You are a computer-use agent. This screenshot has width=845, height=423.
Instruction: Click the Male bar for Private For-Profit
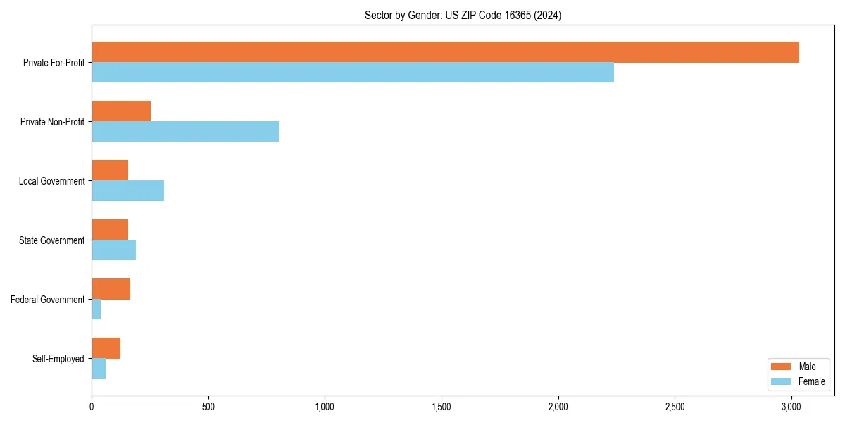pos(445,52)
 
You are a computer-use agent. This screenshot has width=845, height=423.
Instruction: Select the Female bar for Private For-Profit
pos(353,73)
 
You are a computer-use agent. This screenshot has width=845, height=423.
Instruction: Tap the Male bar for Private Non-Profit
pos(121,111)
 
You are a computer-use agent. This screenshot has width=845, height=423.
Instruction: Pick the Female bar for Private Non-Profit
pos(185,132)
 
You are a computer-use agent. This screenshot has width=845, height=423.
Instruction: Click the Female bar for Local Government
pos(127,191)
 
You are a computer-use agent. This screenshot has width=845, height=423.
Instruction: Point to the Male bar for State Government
pos(110,230)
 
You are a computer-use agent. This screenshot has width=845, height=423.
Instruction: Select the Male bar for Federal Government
pos(111,289)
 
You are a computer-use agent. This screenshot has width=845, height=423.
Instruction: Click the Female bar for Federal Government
pos(96,309)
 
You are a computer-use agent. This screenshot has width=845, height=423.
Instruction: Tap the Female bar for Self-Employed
pos(99,369)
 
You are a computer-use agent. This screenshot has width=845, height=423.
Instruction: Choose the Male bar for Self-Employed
pos(106,348)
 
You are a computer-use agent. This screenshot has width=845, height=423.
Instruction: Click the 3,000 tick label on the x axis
pos(791,407)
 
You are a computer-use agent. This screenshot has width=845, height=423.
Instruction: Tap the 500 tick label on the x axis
pos(208,407)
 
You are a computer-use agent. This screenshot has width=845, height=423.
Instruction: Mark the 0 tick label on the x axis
pos(92,407)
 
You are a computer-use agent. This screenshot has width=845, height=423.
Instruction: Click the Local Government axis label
pos(51,181)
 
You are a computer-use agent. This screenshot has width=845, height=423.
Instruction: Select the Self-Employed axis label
pos(58,359)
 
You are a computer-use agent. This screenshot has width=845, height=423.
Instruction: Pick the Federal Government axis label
pos(47,300)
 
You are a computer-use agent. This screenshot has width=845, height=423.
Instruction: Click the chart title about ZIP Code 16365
pos(463,15)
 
